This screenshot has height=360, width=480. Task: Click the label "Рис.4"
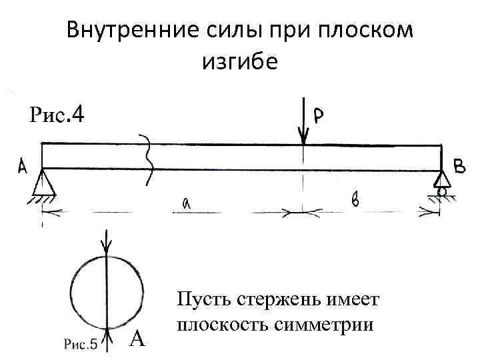pos(57,116)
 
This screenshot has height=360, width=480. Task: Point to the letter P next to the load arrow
pos(319,116)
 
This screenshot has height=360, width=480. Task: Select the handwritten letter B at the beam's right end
pos(460,167)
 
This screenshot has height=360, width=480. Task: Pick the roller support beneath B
pos(441,183)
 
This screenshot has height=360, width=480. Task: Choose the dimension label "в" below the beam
pos(356,199)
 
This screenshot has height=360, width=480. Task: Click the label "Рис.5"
pos(81,344)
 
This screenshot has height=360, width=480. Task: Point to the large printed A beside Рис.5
pos(137,340)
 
